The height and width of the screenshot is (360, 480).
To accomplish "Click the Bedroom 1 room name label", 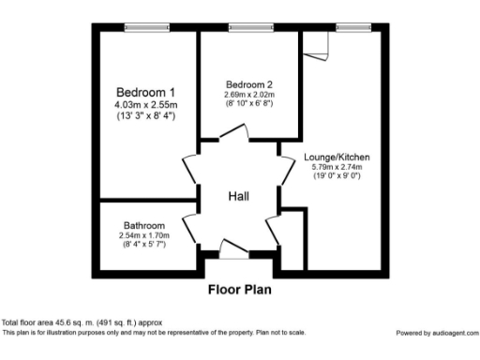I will pos(145,92).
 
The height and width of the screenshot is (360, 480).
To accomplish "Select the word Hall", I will pos(239,196).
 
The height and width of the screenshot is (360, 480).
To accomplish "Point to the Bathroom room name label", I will pos(144,226).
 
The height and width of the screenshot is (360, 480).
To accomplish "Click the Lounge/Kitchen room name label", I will pos(337,157).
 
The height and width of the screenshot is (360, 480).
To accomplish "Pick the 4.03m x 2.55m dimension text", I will pos(145,104).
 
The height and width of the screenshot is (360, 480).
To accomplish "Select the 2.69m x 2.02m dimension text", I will pos(248,94).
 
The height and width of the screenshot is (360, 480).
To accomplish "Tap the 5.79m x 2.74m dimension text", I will pos(337,167).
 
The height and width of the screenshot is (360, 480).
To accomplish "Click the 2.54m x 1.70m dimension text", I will pos(144,235).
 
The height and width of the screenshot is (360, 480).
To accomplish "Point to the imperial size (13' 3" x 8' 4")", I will pos(145,115).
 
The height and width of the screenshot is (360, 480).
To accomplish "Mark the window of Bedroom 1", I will pos(142,26).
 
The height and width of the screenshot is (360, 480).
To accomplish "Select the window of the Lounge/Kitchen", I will pos(351,26).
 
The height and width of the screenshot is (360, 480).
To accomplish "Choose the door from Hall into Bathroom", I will pos(191,225).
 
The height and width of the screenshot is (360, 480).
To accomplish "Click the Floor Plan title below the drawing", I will pos(239,290).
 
